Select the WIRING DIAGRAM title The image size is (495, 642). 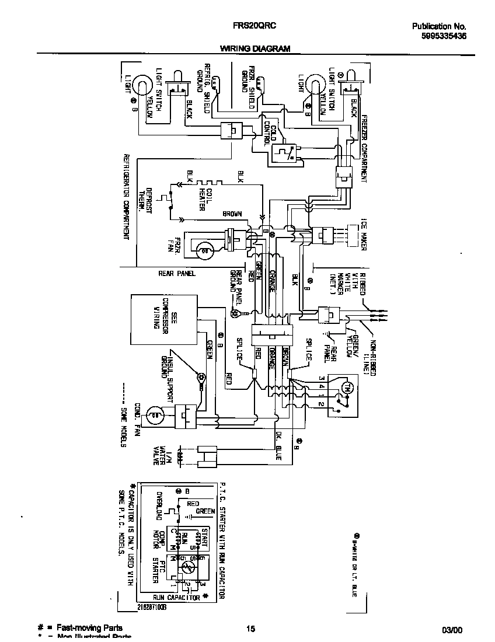click(x=255, y=50)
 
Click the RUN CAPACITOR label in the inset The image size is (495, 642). click(x=177, y=597)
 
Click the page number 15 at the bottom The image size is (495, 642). click(x=250, y=629)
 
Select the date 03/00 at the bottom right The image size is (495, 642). click(x=452, y=630)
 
